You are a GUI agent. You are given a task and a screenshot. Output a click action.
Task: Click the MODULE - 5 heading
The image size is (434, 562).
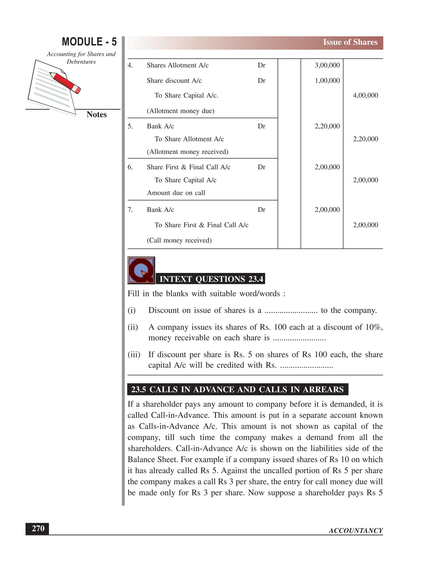pos(89,42)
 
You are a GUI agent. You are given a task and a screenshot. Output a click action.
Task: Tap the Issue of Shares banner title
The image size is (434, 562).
pos(350,42)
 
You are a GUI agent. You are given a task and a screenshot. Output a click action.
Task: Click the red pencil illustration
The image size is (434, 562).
pos(65,82)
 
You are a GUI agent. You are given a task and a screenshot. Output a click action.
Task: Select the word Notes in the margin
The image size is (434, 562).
pos(96,115)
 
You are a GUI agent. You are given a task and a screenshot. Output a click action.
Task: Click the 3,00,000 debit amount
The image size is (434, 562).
pos(327,65)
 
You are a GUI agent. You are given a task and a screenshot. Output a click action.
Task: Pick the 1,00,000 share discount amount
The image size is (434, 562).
pos(327,81)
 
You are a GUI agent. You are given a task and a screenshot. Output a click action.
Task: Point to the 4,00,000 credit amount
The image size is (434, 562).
pos(365,95)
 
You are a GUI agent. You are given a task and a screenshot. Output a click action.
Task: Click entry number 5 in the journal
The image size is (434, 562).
pos(130,126)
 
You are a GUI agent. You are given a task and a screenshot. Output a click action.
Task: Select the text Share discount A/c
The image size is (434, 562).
pos(174,81)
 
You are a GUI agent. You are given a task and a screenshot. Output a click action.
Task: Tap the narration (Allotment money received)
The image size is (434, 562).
pos(187,152)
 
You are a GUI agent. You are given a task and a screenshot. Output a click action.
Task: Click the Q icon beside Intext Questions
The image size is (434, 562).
pos(141,270)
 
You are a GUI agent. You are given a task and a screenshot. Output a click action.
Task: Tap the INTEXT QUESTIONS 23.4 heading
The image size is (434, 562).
pos(211,279)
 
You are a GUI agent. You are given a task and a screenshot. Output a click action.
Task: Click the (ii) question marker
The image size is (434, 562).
pos(133,327)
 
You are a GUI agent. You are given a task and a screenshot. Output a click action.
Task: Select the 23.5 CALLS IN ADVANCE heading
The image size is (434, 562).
pos(237,389)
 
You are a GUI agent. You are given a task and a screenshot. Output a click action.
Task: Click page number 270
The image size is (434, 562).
pos(38,528)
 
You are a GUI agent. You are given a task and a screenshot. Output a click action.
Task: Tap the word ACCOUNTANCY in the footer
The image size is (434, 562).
pos(356,531)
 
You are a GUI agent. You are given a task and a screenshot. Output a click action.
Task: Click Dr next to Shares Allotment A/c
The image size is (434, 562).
pos(261,65)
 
